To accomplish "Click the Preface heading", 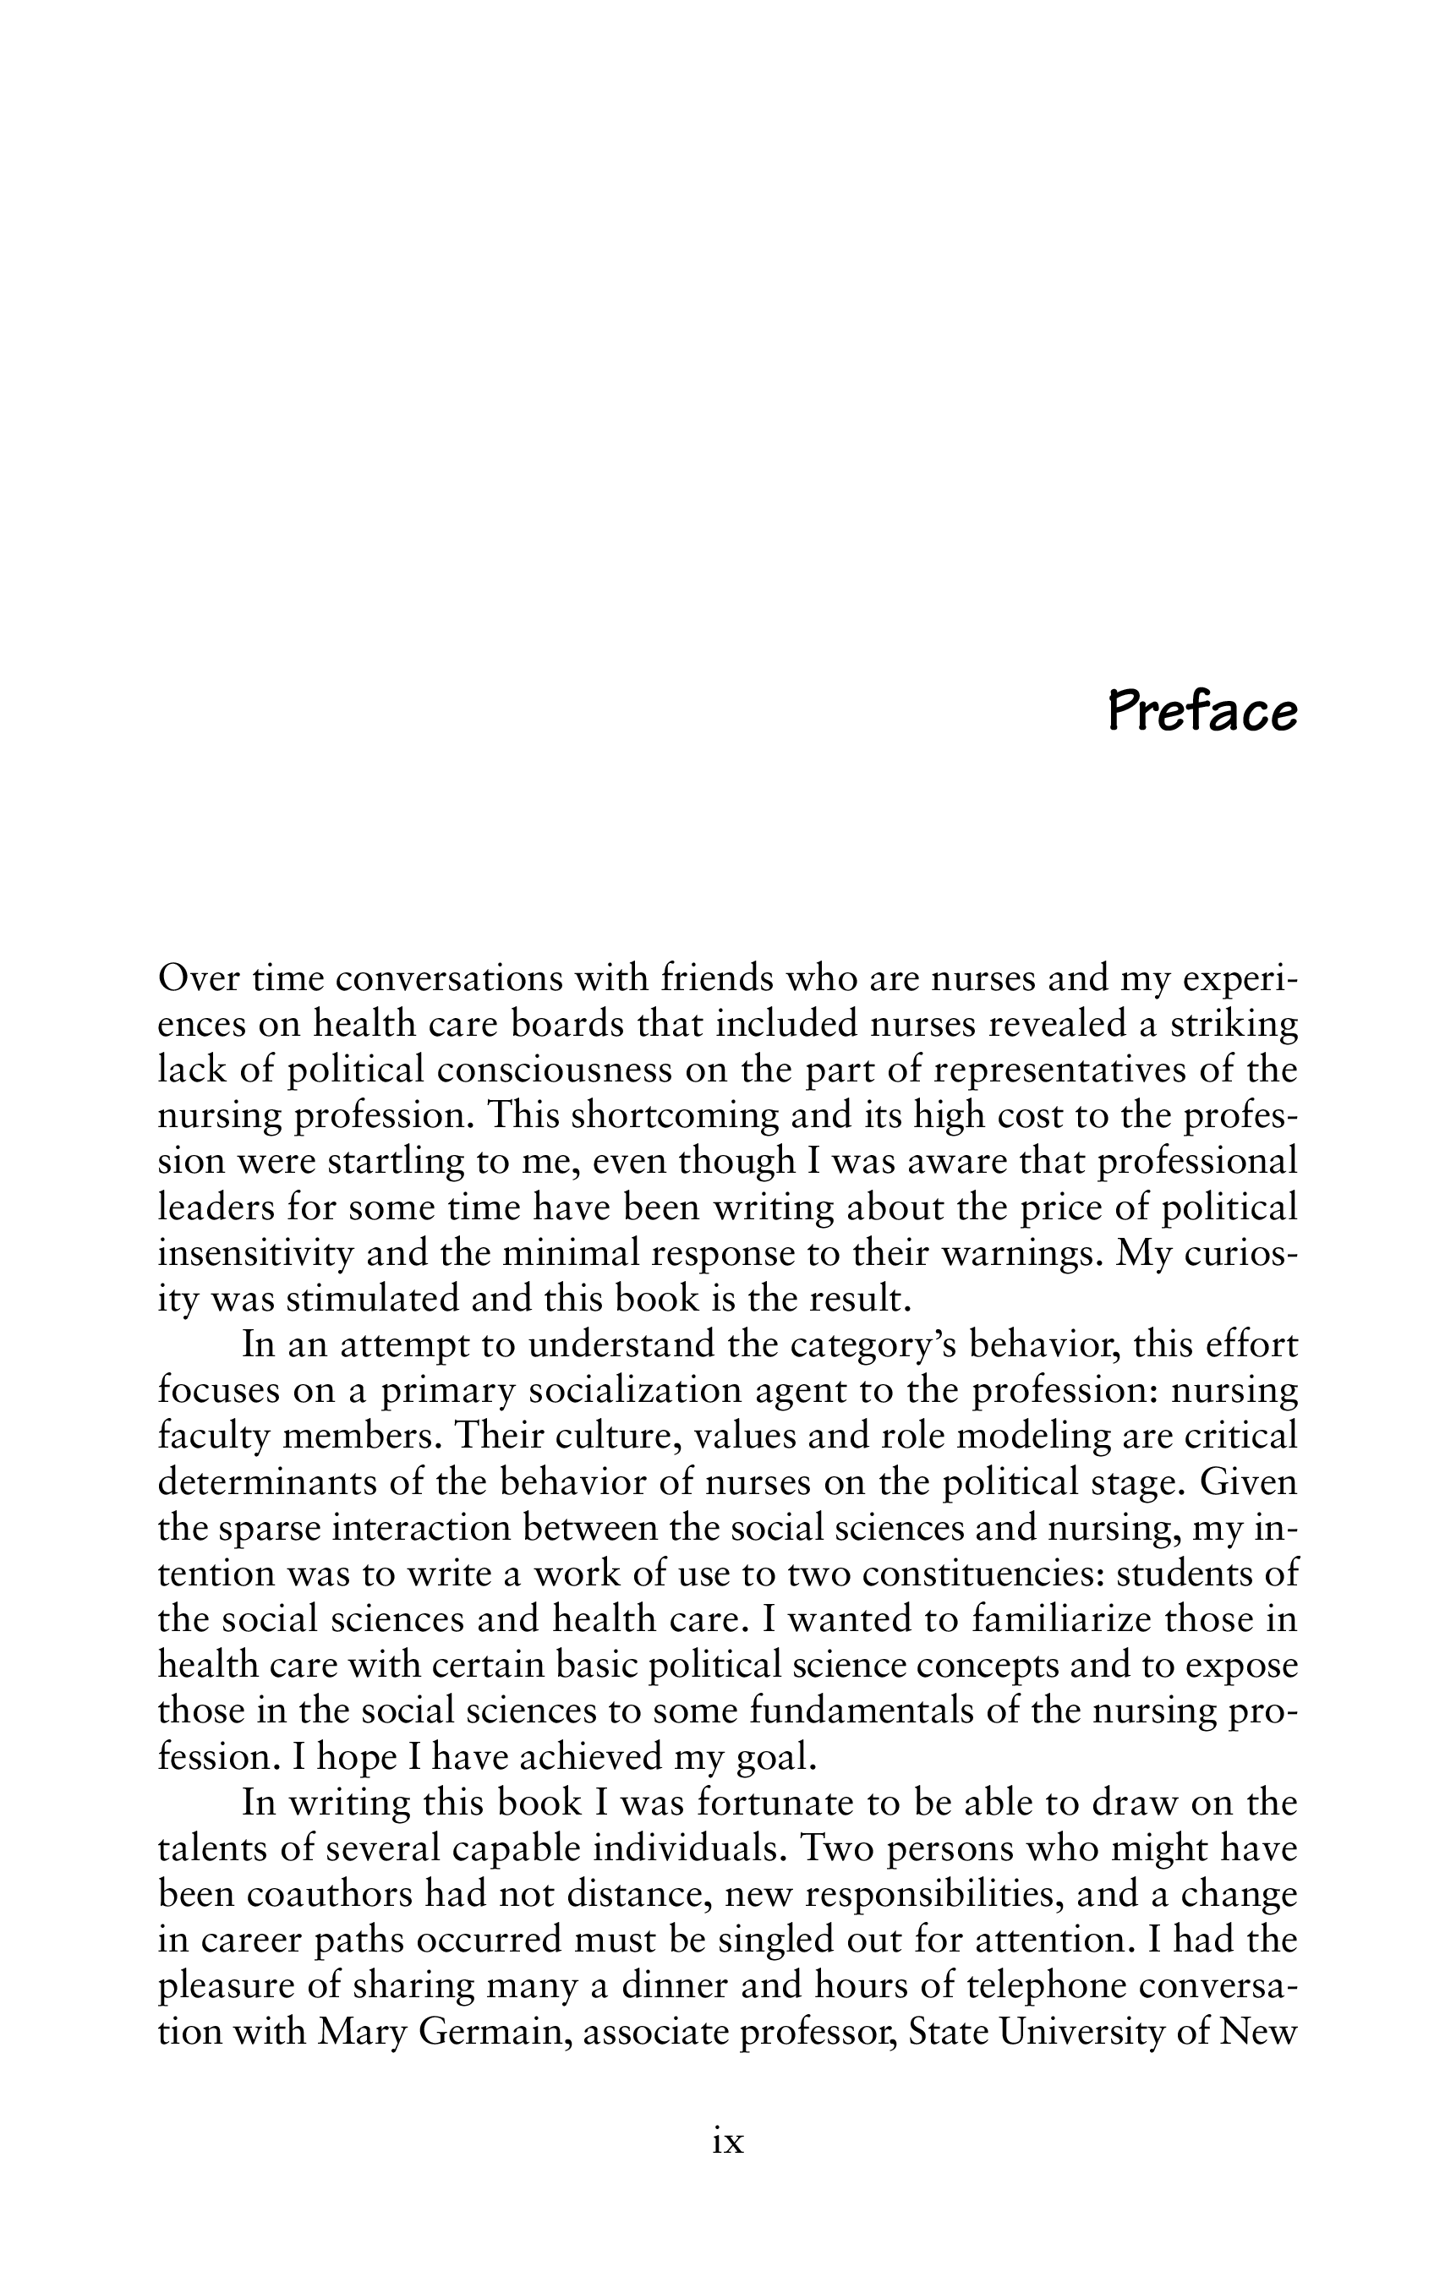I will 1202,712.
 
